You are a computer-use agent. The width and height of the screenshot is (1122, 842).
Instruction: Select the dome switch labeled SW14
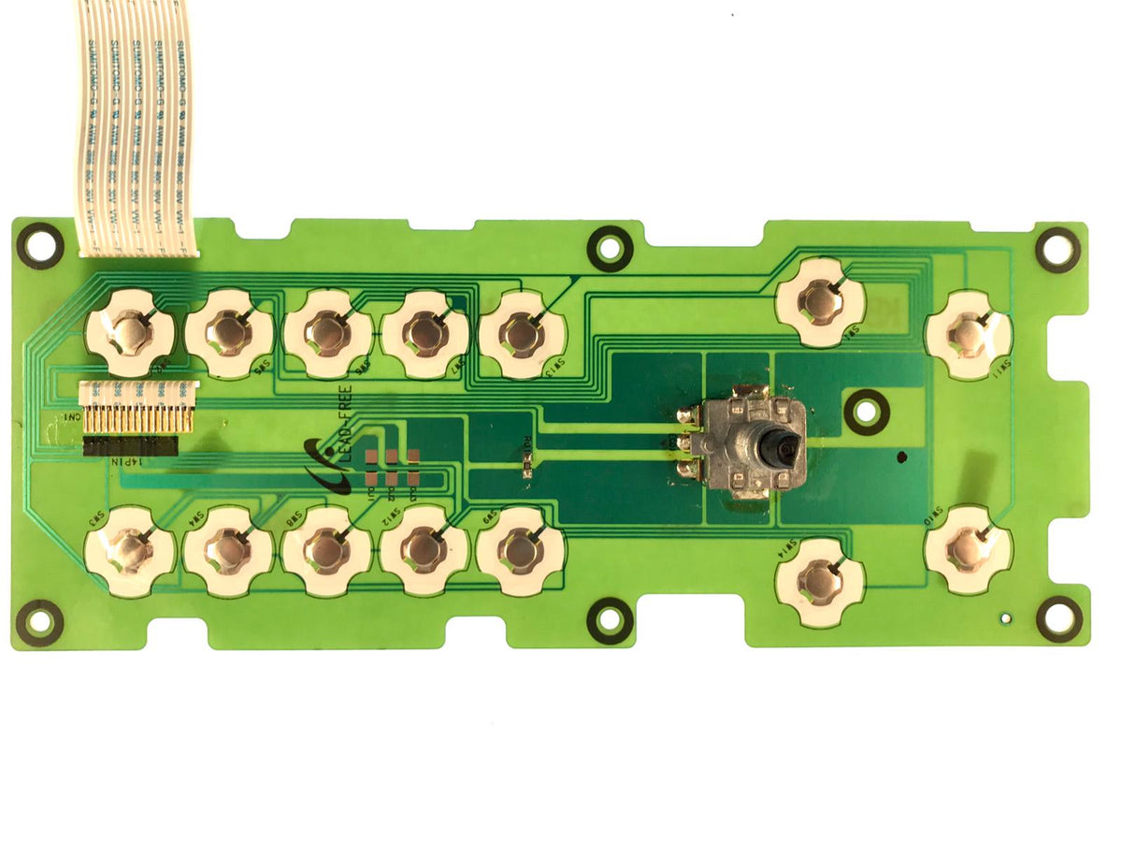(820, 581)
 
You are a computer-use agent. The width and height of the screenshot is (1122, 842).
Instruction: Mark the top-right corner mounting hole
(1057, 249)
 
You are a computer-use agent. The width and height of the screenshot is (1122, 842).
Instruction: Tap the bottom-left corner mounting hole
(39, 621)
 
